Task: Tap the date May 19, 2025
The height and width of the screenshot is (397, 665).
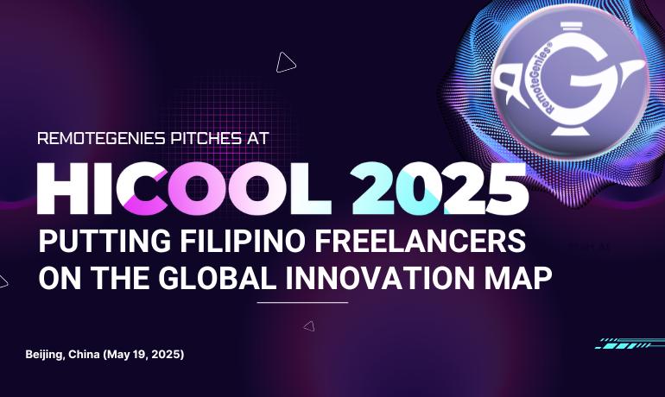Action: (x=147, y=355)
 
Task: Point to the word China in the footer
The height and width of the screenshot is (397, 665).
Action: (x=88, y=355)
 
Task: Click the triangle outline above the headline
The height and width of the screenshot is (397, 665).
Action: (x=285, y=62)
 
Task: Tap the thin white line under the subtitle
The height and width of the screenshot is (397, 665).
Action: (x=302, y=303)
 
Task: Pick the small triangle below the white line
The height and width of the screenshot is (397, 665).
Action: (x=309, y=326)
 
